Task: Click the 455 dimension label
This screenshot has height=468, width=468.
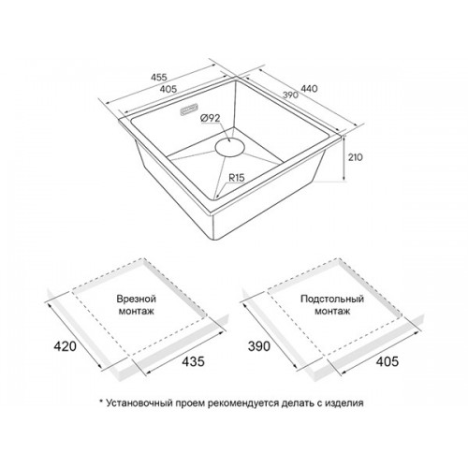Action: pos(159,77)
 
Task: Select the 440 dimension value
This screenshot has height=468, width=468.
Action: pos(309,89)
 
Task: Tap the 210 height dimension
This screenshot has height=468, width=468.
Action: pos(356,157)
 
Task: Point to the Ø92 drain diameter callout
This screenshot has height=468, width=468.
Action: pos(210,118)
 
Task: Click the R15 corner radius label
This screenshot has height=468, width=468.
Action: pos(237,178)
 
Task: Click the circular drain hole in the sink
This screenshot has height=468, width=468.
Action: pos(229,147)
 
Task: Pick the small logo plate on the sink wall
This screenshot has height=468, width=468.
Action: pos(189,110)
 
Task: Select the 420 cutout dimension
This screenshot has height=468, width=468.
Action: pos(65,346)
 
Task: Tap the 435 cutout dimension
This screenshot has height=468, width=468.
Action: pos(193,361)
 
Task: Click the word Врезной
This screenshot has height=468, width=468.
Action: pos(137,299)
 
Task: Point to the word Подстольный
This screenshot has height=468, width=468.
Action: pos(332,299)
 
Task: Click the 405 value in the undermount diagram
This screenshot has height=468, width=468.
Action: pos(388,361)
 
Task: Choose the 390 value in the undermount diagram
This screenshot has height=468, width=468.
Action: pos(259,346)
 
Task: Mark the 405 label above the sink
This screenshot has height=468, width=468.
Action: pos(168,89)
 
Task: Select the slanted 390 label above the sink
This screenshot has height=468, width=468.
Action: pos(290,95)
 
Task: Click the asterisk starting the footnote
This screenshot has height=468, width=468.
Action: pos(101,402)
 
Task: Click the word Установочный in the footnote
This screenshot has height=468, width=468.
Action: pos(139,402)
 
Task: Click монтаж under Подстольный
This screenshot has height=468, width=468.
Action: pos(332,311)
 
